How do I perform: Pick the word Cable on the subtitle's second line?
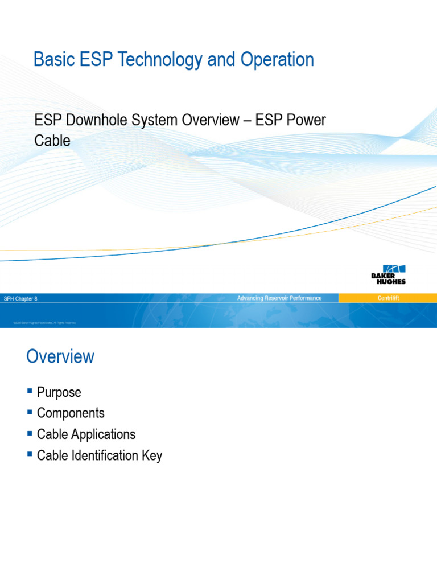click(x=52, y=141)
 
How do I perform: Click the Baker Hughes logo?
click(x=388, y=275)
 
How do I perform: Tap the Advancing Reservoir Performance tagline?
click(x=279, y=298)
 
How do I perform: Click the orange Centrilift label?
click(x=388, y=298)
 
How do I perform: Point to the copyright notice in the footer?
click(x=44, y=323)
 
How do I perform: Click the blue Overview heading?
click(x=60, y=357)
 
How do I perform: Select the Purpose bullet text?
click(x=59, y=392)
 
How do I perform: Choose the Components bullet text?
click(x=71, y=413)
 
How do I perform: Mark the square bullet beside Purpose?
click(x=30, y=391)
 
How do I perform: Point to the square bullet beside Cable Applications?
click(x=30, y=433)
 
